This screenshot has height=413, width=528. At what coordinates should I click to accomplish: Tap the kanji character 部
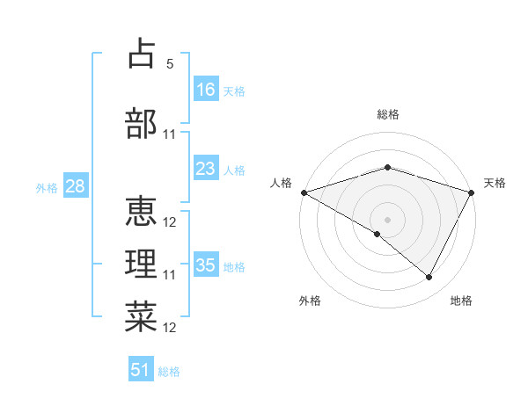[141, 123]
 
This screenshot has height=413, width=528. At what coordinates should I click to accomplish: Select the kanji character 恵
[141, 209]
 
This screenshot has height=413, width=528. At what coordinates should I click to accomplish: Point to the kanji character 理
[141, 263]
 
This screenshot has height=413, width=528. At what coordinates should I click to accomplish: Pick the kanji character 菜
[141, 316]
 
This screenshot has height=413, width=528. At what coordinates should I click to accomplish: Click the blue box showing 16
[206, 89]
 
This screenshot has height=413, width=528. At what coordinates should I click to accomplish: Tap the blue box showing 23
[206, 169]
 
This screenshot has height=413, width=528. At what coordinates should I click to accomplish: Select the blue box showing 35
[206, 265]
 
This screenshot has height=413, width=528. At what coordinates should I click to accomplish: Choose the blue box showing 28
[75, 186]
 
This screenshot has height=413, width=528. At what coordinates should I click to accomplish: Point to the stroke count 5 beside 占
[170, 64]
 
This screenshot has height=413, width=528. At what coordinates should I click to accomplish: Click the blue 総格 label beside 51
[169, 372]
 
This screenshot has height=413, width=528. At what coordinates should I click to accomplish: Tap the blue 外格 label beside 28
[47, 187]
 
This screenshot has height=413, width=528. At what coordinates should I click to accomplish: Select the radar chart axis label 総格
[388, 114]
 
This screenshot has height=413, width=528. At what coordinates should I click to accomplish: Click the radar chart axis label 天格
[495, 183]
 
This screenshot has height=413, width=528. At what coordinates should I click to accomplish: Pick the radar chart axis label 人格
[281, 183]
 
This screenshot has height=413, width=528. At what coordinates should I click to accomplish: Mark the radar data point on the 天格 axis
[473, 192]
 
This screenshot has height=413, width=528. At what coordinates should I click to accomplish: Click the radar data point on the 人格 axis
[304, 192]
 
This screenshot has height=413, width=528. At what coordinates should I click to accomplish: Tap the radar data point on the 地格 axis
[429, 277]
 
